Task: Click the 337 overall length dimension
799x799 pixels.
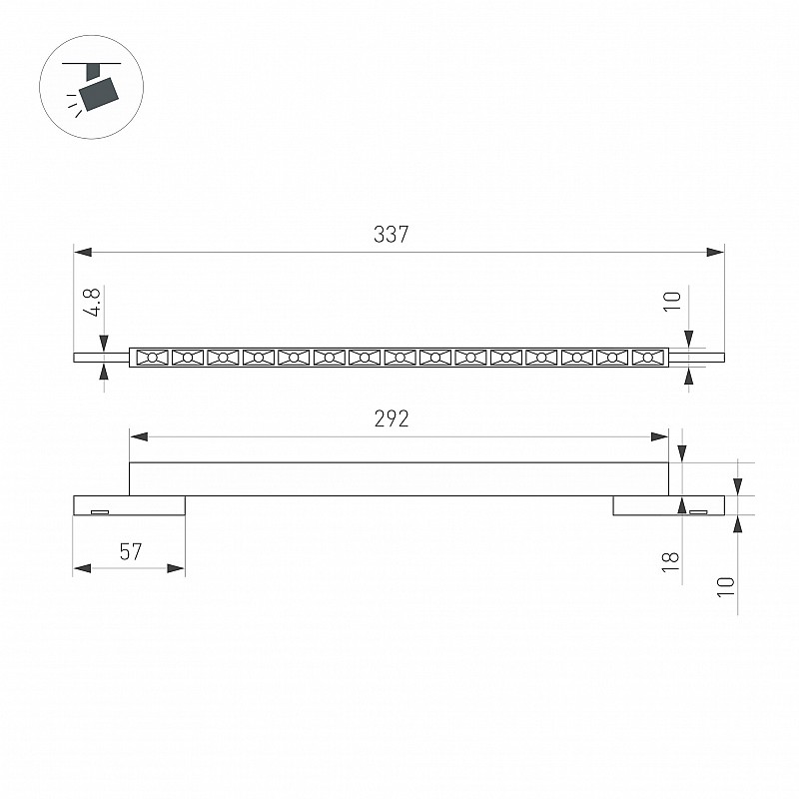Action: point(391,235)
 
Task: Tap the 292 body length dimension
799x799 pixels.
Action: point(392,418)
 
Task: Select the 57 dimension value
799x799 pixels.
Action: point(131,552)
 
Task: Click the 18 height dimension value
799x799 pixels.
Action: point(670,562)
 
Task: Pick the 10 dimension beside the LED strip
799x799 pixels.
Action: point(672,302)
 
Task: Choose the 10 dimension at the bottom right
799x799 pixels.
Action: point(726,587)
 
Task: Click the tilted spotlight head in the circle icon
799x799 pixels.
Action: point(99,93)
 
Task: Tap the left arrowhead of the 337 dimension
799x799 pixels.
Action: point(83,252)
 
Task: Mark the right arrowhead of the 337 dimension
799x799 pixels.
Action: point(715,252)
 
